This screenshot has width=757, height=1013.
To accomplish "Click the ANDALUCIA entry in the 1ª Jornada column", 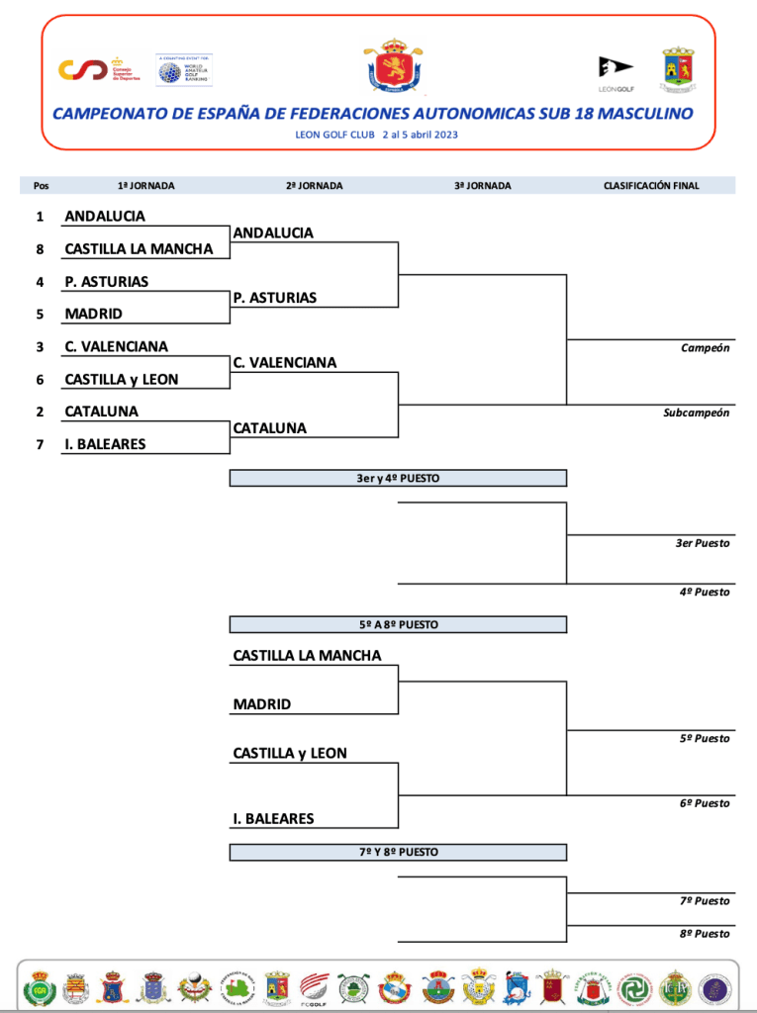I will pyautogui.click(x=105, y=216).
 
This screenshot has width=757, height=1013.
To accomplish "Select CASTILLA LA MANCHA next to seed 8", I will pyautogui.click(x=139, y=249).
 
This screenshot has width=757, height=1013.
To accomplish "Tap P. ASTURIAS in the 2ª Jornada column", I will pyautogui.click(x=275, y=298).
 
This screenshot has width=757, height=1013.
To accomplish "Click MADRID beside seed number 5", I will pyautogui.click(x=93, y=314).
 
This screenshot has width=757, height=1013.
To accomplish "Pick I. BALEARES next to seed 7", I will pyautogui.click(x=105, y=444).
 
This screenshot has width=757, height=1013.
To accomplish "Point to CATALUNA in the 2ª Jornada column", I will pyautogui.click(x=269, y=428).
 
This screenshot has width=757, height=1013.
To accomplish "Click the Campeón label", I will pyautogui.click(x=705, y=348).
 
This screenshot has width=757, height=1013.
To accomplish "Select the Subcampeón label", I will pyautogui.click(x=696, y=413).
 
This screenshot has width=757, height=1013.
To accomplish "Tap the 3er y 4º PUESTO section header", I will pyautogui.click(x=398, y=478).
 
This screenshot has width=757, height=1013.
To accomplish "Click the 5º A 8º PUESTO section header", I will pyautogui.click(x=398, y=625).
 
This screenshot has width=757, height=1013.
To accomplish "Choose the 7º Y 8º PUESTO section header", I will pyautogui.click(x=398, y=852).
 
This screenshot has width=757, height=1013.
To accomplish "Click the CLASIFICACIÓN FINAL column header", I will pyautogui.click(x=651, y=185).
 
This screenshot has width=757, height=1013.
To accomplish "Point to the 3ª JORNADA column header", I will pyautogui.click(x=483, y=185).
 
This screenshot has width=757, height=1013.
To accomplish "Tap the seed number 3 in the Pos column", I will pyautogui.click(x=40, y=346).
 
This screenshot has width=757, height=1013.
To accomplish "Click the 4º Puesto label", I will pyautogui.click(x=705, y=592).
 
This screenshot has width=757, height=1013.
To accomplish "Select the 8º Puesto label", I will pyautogui.click(x=705, y=934).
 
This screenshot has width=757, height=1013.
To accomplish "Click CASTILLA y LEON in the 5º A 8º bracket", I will pyautogui.click(x=290, y=754).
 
